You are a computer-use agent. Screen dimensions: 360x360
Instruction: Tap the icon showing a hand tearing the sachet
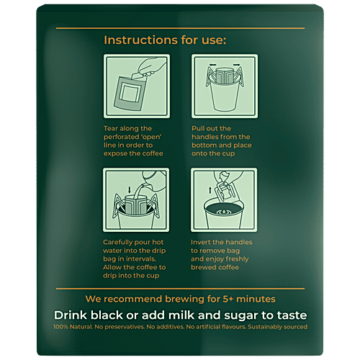(x=136, y=88)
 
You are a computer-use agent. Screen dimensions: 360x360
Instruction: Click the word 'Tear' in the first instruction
(x=113, y=128)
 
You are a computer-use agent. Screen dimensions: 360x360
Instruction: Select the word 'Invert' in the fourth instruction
(x=203, y=243)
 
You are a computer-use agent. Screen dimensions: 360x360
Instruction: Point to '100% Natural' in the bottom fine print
(x=73, y=327)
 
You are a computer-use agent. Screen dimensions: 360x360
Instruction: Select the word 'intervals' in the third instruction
(x=147, y=260)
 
